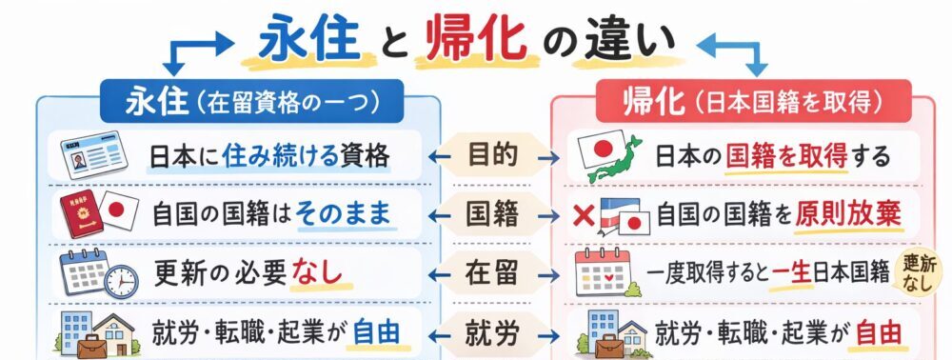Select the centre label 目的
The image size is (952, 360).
(493, 153)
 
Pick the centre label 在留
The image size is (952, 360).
(493, 273)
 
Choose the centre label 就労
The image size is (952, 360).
(493, 332)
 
